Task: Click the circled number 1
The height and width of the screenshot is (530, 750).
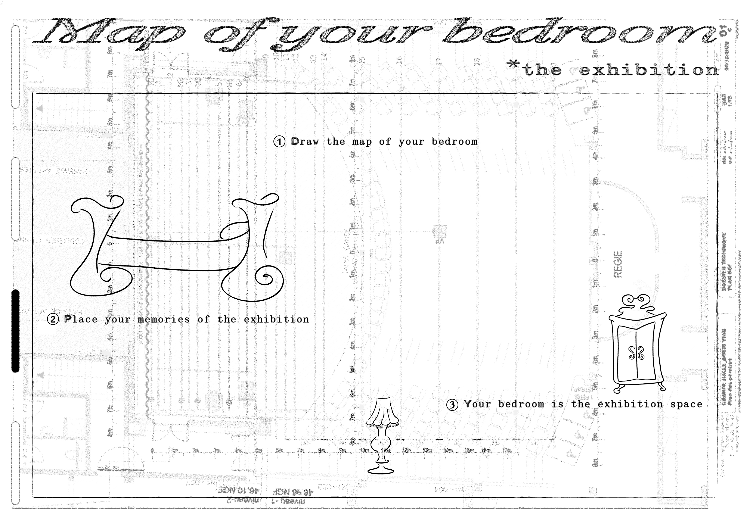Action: point(279,142)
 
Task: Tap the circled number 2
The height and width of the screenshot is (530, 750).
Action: point(53,319)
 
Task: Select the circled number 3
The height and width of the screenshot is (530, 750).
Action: point(452,405)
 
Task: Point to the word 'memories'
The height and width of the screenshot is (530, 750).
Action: point(164,319)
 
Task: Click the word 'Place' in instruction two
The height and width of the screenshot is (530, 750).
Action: point(81,319)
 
